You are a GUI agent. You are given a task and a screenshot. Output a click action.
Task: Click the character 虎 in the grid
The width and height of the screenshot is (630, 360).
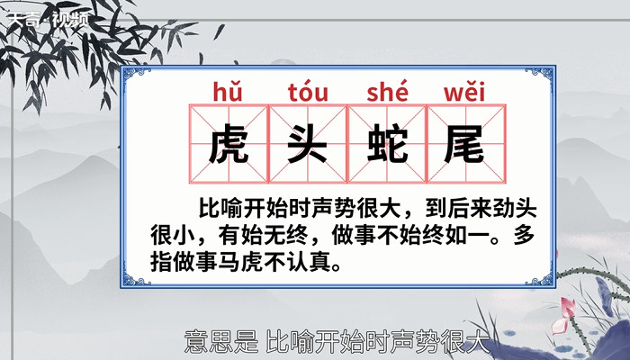(x=229, y=144)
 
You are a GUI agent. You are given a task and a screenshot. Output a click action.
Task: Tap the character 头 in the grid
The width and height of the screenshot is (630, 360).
(x=307, y=144)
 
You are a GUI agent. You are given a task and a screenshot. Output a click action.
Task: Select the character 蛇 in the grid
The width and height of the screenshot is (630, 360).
(x=386, y=144)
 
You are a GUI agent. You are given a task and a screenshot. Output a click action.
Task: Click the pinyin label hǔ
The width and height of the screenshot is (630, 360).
(x=229, y=92)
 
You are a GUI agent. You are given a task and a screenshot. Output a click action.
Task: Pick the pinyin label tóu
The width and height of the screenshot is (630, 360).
(x=308, y=92)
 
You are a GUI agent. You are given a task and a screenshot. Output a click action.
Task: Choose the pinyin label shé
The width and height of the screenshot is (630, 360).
(x=387, y=92)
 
